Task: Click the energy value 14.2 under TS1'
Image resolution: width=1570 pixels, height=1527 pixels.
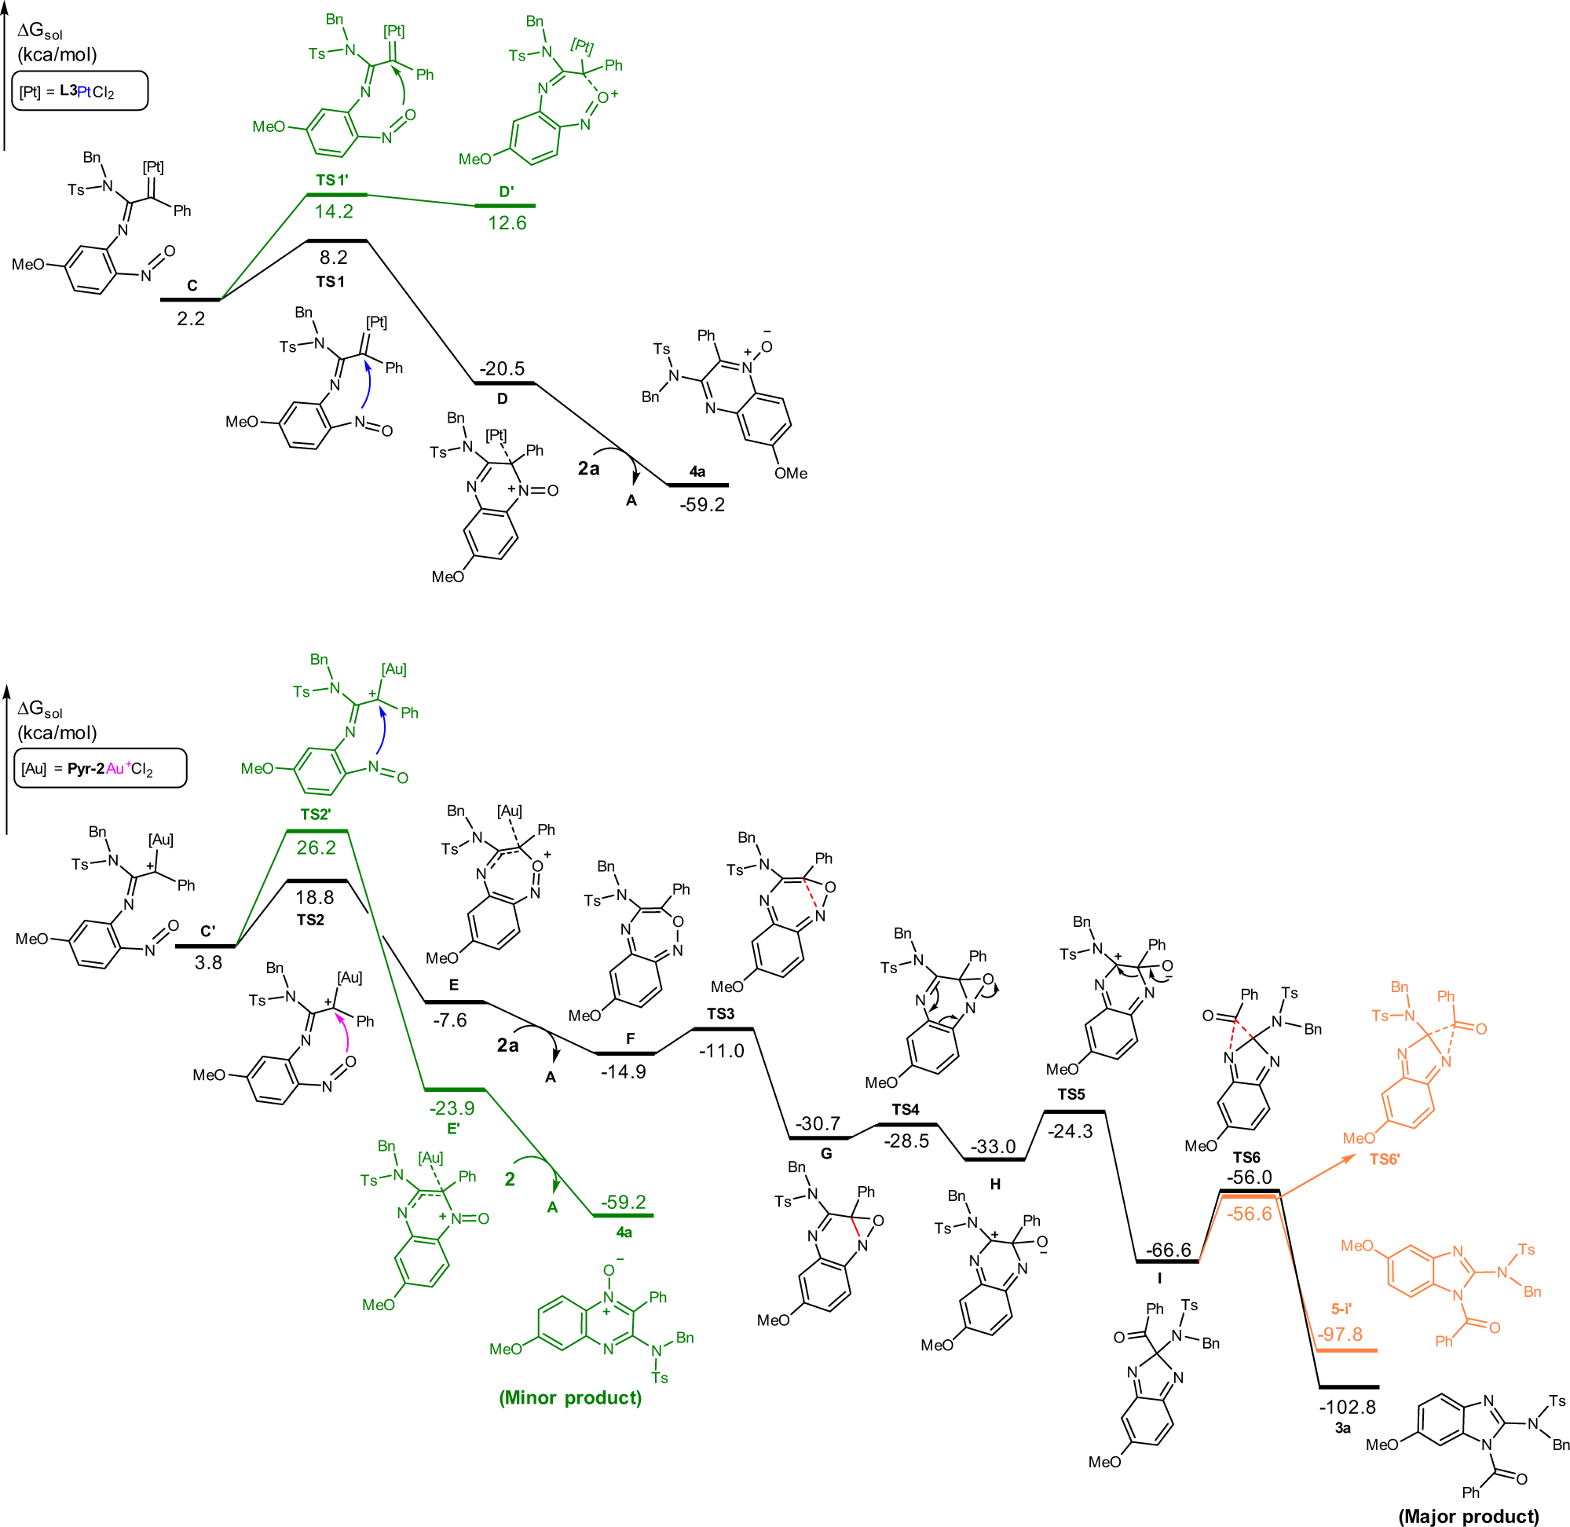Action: (x=334, y=212)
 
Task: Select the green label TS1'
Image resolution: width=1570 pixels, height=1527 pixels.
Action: (x=331, y=181)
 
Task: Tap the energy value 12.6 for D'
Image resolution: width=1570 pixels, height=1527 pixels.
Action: (x=507, y=223)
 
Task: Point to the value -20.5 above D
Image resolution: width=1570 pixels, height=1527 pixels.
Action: (x=502, y=369)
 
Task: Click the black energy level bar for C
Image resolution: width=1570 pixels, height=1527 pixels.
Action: (x=190, y=300)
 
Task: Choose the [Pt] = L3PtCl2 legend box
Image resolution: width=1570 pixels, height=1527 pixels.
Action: (x=80, y=91)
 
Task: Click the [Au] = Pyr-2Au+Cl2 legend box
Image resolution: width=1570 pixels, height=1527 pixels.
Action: (x=101, y=768)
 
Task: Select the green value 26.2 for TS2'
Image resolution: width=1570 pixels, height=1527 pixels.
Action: (x=316, y=848)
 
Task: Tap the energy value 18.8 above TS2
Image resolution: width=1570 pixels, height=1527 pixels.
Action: (x=314, y=898)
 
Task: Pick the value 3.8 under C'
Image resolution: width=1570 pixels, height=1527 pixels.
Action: (x=207, y=962)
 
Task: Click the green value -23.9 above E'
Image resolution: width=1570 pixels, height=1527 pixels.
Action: (x=452, y=1108)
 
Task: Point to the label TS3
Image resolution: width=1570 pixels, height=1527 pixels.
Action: (x=720, y=1014)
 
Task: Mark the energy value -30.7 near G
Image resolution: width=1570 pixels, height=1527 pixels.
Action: (x=818, y=1123)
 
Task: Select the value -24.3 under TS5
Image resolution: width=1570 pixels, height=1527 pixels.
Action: (x=1070, y=1132)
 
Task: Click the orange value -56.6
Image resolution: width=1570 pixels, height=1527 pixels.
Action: (x=1249, y=1214)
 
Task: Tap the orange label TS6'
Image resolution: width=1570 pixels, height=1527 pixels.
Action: (x=1384, y=1159)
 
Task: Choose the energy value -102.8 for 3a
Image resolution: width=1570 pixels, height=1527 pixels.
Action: (x=1347, y=1408)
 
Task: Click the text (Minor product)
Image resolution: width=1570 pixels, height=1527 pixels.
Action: (x=570, y=1398)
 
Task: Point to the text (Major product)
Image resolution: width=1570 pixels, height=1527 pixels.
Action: (x=1468, y=1517)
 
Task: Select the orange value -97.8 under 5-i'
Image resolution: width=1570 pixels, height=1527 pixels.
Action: (x=1340, y=1335)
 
